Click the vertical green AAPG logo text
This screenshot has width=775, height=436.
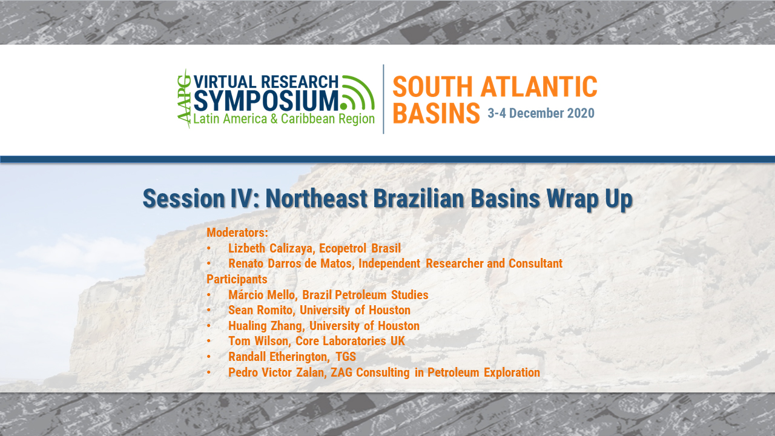coord(184,99)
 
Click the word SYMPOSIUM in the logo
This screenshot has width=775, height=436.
coord(266,101)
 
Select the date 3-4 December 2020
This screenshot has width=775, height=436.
coord(541,113)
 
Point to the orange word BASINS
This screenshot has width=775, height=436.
coord(437,113)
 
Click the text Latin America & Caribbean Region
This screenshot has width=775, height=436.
coord(284,119)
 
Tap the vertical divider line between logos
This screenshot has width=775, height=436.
coord(383,99)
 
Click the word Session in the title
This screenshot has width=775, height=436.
coord(183,199)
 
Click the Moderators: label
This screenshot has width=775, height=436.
coord(237,233)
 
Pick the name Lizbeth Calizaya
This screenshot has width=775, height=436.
coord(270,248)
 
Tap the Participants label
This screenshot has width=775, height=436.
coord(237,279)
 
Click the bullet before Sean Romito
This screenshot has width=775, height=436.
coord(209,310)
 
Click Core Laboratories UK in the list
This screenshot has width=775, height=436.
coord(350,341)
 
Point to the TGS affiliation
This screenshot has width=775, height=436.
coord(346,357)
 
